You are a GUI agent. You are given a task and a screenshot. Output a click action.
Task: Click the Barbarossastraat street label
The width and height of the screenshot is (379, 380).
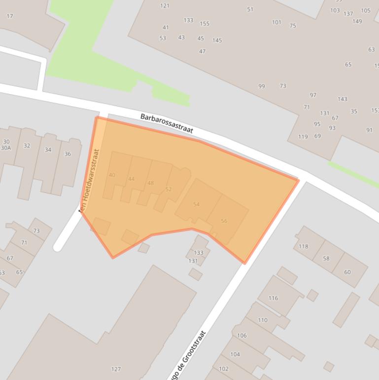(x=167, y=123)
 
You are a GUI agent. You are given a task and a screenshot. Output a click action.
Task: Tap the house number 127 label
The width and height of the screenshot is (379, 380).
(x=116, y=369)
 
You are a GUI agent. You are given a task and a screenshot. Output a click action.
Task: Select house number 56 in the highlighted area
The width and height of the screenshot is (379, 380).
(x=224, y=221)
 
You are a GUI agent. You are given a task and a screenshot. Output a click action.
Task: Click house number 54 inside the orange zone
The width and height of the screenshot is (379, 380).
(x=196, y=204)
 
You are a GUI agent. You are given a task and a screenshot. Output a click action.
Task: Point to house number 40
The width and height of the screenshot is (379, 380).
(x=112, y=175)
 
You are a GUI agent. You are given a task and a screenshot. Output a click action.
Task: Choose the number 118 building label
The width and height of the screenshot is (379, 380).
(x=303, y=247)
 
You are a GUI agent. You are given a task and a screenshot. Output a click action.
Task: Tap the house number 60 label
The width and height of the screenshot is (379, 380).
(x=347, y=272)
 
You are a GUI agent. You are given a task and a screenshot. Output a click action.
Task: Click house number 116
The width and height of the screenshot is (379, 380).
(x=273, y=298)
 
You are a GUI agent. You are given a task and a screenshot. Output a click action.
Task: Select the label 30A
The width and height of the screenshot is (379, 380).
(x=6, y=148)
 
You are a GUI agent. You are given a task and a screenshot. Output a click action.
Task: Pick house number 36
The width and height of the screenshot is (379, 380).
(x=68, y=154)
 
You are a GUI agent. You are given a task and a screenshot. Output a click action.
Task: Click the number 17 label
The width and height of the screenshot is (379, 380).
(x=10, y=16)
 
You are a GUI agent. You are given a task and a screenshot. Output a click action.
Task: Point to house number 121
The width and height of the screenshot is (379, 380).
(x=165, y=6)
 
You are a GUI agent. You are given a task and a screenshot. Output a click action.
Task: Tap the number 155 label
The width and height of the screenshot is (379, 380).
(x=205, y=24)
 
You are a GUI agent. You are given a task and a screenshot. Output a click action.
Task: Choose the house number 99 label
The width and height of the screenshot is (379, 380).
(x=261, y=86)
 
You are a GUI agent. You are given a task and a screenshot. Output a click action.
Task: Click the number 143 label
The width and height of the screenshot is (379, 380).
(x=342, y=99)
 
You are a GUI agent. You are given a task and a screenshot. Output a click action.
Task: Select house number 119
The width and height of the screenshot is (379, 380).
(x=303, y=137)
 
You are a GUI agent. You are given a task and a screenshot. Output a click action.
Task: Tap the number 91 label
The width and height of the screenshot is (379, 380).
(x=369, y=130)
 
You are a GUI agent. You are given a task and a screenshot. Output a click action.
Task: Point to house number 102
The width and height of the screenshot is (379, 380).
(x=223, y=369)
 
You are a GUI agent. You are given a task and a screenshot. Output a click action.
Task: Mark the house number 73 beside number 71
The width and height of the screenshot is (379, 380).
(x=36, y=231)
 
